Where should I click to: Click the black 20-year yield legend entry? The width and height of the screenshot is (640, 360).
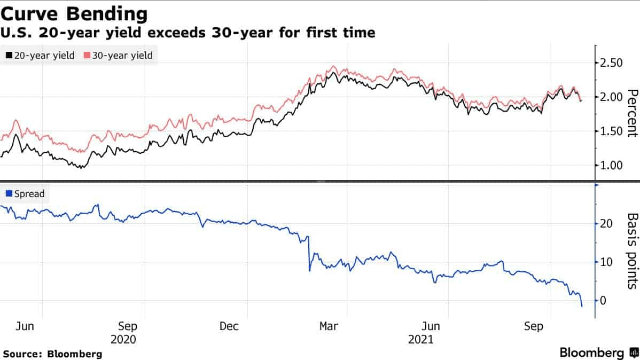pyautogui.click(x=40, y=55)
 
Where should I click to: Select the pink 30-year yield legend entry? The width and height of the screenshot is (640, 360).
pyautogui.click(x=118, y=55)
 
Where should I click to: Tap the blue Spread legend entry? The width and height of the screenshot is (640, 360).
pyautogui.click(x=25, y=194)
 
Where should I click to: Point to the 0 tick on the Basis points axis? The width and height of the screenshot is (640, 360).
pyautogui.click(x=604, y=301)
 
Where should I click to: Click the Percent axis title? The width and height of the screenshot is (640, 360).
pyautogui.click(x=632, y=113)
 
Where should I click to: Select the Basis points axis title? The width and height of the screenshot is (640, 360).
pyautogui.click(x=632, y=251)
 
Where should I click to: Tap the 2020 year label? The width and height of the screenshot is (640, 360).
pyautogui.click(x=123, y=339)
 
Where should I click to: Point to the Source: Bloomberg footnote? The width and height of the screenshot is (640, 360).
pyautogui.click(x=52, y=354)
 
